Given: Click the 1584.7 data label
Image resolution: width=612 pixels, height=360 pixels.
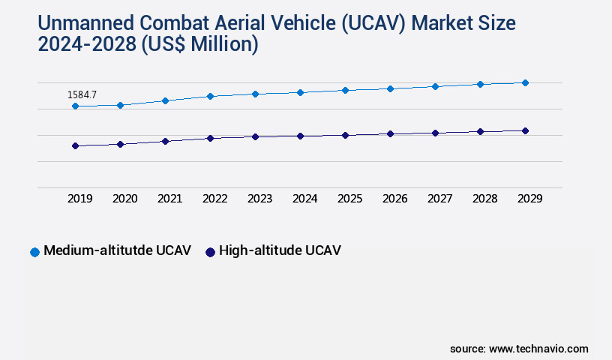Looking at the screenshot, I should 82,95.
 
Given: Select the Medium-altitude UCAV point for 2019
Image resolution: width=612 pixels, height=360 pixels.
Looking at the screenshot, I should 75,106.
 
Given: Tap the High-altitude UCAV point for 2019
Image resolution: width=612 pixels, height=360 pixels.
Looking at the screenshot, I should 75,145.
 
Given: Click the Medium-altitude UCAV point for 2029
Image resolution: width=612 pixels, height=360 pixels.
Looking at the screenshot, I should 525,82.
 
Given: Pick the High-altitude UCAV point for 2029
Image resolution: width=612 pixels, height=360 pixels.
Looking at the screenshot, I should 525,130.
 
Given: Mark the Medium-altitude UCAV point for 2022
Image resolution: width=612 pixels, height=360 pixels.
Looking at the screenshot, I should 210,96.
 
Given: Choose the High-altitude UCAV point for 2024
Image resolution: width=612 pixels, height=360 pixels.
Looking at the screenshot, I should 300,136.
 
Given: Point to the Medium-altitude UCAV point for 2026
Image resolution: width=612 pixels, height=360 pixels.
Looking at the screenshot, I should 390,88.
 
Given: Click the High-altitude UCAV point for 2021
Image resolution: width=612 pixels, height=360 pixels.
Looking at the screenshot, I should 165,141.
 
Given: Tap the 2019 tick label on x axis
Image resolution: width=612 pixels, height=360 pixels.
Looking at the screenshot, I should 79,199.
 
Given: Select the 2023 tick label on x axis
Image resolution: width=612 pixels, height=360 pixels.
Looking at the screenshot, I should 259,199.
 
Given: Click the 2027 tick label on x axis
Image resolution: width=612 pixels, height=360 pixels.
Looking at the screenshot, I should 439,199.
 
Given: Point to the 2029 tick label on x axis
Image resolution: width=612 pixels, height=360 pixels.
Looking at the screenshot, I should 529,199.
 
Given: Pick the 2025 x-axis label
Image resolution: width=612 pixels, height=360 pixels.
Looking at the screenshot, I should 349,199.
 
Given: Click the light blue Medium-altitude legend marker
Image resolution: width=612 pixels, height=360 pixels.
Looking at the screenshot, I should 34,252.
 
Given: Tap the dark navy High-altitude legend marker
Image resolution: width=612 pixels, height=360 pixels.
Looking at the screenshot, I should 210,252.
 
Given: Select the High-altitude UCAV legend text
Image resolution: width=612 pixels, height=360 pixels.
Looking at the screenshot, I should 280,250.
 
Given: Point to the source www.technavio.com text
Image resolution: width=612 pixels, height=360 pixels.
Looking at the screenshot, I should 519,349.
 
